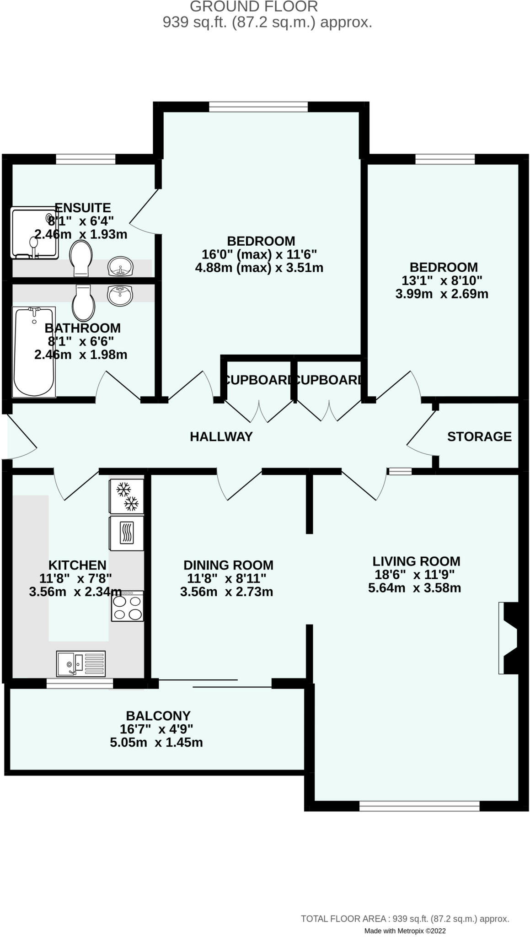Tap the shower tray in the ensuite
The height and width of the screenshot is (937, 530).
click(35, 233)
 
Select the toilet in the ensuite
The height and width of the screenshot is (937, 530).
click(81, 258)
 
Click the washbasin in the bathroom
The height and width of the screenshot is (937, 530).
click(120, 295)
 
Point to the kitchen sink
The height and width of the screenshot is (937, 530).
click(80, 663)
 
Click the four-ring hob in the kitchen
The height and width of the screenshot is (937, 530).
click(128, 606)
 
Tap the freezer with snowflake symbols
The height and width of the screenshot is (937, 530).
click(127, 496)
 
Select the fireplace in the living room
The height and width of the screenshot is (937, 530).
click(509, 638)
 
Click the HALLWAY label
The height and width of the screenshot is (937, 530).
click(221, 436)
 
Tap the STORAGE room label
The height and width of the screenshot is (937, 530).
click(479, 436)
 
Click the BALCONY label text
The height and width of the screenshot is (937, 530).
click(158, 716)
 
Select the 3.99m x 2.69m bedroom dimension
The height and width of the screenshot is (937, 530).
click(442, 294)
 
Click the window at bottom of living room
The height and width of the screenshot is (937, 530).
click(419, 806)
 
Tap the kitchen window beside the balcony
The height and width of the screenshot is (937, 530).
click(80, 684)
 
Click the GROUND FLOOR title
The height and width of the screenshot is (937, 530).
click(253, 7)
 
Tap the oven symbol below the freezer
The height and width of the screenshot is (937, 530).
click(127, 533)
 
